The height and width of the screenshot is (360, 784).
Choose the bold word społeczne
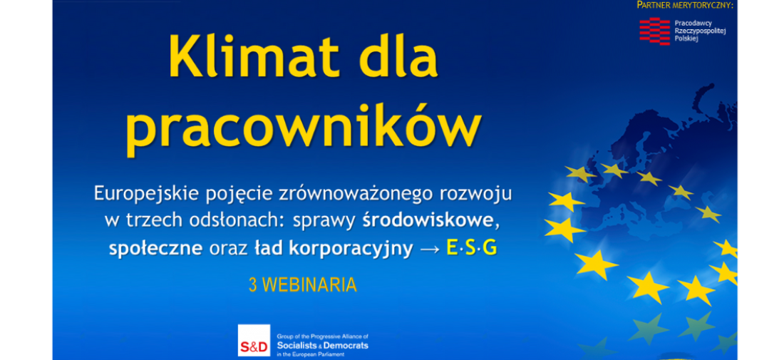[155, 249]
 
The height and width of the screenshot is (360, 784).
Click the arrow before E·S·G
[430, 250]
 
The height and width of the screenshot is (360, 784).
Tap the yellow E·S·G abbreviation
[472, 249]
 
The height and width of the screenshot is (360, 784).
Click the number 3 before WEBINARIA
[253, 284]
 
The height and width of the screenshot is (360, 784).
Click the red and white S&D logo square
[254, 340]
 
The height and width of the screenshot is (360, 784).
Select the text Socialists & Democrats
[322, 346]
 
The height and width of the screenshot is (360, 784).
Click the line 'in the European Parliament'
[311, 354]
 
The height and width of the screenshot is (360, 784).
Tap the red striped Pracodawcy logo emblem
[654, 31]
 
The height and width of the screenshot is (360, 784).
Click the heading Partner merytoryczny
[685, 6]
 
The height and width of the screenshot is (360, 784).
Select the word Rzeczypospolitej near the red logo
[700, 31]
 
